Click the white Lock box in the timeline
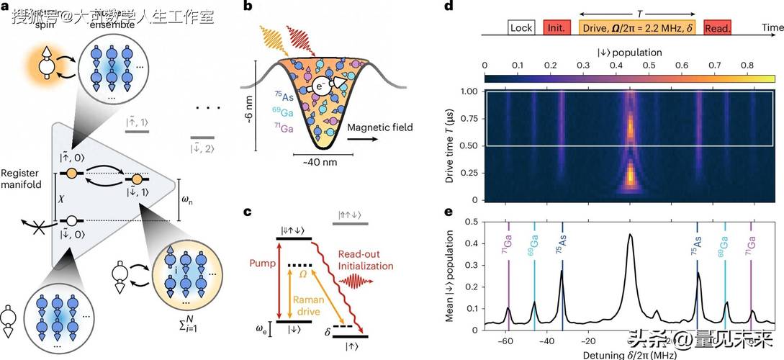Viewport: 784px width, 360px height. (x=520, y=28)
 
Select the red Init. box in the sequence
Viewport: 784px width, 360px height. (x=556, y=28)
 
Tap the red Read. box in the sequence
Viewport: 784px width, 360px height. (x=718, y=28)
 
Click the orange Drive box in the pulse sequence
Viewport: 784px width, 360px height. (x=637, y=28)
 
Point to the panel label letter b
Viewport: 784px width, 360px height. (x=248, y=6)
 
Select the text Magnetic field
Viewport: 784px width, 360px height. (x=380, y=127)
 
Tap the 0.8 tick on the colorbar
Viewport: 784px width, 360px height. (x=751, y=66)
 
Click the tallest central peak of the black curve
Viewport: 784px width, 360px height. (x=631, y=235)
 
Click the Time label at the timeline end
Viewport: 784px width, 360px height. (x=771, y=27)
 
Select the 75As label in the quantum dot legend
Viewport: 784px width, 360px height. (x=281, y=94)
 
